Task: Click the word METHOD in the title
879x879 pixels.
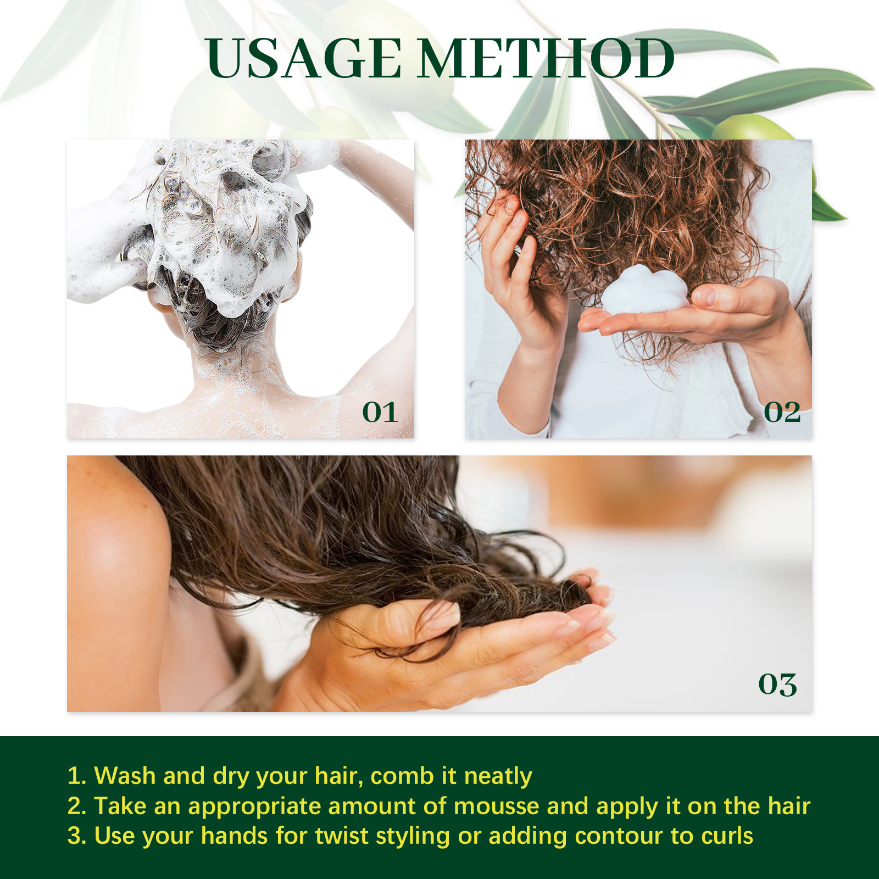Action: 547,59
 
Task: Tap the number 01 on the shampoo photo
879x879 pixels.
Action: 380,412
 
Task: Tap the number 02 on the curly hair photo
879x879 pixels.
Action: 782,412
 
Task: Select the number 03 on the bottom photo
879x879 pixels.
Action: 777,685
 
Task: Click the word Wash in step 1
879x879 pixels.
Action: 125,776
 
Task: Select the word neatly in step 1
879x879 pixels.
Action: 498,776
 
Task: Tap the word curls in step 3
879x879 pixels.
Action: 727,836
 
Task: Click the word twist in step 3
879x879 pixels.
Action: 342,836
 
